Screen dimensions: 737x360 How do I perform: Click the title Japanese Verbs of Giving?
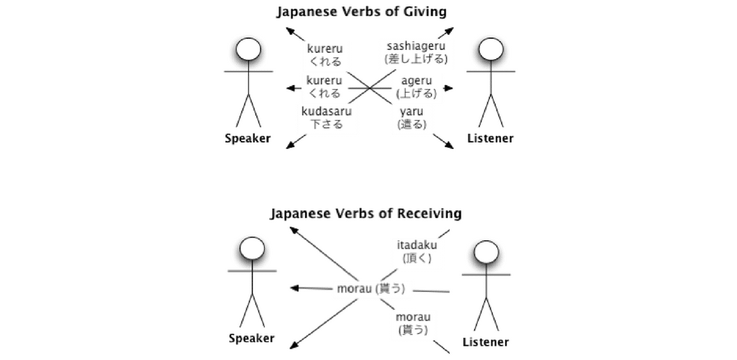point(361,12)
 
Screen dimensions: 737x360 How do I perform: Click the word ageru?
point(417,81)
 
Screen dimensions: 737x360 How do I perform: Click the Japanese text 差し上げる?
point(416,59)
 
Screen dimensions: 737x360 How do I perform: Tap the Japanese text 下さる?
point(326,125)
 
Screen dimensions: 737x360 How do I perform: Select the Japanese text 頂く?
point(417,258)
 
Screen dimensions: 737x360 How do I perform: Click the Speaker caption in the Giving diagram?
point(248,139)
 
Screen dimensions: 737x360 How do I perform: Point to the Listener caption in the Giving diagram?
point(490,139)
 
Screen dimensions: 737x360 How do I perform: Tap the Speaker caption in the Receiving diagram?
point(251,338)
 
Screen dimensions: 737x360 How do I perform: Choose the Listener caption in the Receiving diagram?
point(486,342)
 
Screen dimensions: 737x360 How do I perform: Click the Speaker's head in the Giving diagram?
point(248,50)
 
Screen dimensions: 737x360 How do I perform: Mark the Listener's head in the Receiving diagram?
point(486,253)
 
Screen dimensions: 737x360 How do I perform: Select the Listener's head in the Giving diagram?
point(491,50)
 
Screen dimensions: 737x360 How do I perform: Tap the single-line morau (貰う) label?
point(371,289)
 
